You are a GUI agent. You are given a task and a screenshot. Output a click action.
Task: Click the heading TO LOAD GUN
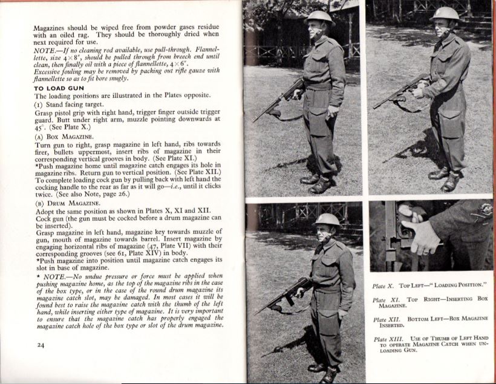click(60, 87)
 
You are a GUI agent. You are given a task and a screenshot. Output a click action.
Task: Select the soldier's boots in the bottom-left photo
click(324, 371)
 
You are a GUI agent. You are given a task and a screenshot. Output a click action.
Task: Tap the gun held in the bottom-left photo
click(289, 295)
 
